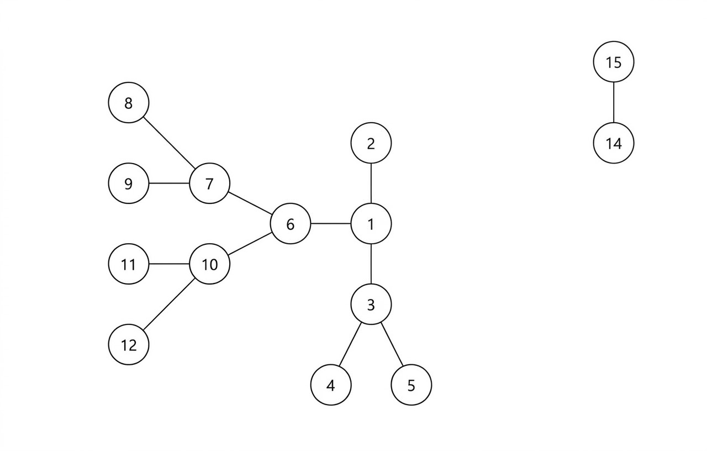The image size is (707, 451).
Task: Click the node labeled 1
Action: (x=371, y=224)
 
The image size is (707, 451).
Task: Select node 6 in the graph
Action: (x=291, y=224)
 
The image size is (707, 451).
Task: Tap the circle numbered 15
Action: (x=614, y=62)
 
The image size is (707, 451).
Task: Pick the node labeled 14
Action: (x=614, y=143)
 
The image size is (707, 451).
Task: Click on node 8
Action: (x=129, y=103)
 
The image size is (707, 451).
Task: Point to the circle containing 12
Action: (x=129, y=345)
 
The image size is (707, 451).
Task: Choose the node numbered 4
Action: (x=331, y=385)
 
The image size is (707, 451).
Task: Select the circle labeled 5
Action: (x=411, y=385)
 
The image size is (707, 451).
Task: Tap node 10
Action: (x=209, y=264)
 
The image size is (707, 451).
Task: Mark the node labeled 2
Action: (x=371, y=143)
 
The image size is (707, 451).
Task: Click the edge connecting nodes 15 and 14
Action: (x=614, y=102)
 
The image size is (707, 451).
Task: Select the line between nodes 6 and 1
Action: (x=331, y=224)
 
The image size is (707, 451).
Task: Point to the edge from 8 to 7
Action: (x=169, y=143)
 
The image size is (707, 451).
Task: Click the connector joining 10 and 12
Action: (x=169, y=305)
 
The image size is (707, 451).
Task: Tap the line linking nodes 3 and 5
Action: (x=392, y=345)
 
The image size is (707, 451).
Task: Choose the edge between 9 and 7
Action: (x=169, y=183)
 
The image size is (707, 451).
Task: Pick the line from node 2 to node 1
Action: (x=371, y=183)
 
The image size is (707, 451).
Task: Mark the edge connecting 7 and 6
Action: (x=250, y=203)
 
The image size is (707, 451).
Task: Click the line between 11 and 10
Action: (x=169, y=264)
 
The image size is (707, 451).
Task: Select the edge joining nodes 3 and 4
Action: (x=351, y=345)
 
